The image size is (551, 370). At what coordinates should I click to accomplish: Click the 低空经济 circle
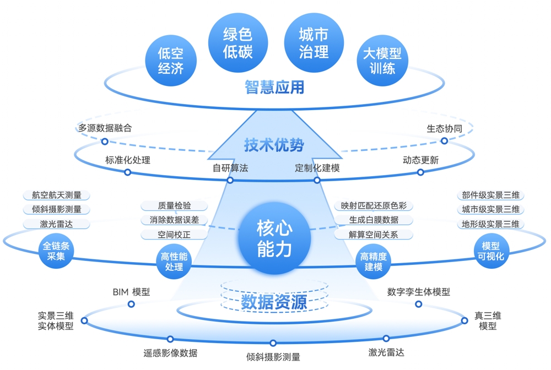[x=170, y=61]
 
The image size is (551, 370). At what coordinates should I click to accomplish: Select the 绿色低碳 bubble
[x=237, y=43]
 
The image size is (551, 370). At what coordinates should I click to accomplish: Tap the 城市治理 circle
[x=314, y=43]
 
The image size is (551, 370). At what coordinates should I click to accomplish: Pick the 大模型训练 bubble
[x=382, y=61]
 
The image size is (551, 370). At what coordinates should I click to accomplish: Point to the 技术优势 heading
[x=274, y=145]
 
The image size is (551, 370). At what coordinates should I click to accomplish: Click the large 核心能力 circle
[x=274, y=238]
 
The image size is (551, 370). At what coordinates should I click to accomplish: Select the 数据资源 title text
[x=274, y=302]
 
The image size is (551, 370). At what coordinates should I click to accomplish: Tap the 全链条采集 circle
[x=56, y=252]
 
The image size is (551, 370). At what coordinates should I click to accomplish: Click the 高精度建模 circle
[x=374, y=262]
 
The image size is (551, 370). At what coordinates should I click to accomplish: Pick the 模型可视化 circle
[x=493, y=252]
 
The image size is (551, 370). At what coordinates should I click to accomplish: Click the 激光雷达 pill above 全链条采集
[x=56, y=224]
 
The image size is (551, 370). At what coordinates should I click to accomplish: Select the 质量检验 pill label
[x=174, y=205]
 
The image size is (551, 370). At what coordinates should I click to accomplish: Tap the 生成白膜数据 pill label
[x=374, y=220]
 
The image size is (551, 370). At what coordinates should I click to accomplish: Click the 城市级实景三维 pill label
[x=490, y=209]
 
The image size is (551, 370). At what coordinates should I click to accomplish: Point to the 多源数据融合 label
[x=105, y=128]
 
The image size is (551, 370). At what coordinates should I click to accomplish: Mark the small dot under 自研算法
[x=230, y=180]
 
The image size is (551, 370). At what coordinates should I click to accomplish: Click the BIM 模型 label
[x=131, y=292]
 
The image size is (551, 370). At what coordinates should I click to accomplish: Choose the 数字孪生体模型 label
[x=418, y=292]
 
